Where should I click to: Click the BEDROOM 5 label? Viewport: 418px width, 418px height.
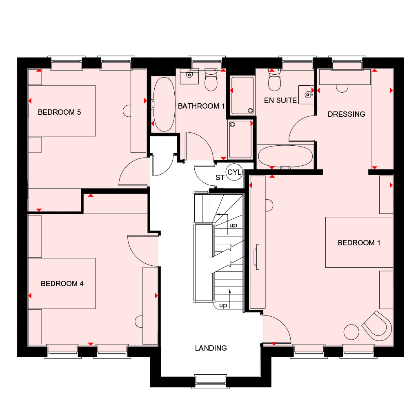(x=59, y=112)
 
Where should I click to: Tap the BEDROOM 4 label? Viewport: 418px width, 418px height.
(x=62, y=284)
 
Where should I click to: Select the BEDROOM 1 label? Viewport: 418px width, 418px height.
(x=359, y=243)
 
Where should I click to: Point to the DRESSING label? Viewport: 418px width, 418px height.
(x=346, y=114)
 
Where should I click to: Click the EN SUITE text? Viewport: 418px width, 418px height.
(x=280, y=100)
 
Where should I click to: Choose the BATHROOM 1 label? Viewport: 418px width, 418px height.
(x=201, y=106)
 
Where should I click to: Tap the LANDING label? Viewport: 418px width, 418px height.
(x=211, y=348)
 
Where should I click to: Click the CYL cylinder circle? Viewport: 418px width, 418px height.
(x=234, y=172)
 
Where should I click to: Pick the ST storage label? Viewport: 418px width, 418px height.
(x=220, y=178)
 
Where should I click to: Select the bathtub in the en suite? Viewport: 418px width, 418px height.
(x=285, y=156)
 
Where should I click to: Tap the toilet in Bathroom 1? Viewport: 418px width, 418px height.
(x=211, y=80)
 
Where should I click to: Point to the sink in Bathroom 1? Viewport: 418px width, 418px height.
(x=189, y=76)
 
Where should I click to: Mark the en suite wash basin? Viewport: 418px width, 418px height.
(x=306, y=95)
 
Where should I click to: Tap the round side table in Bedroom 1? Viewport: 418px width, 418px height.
(x=351, y=332)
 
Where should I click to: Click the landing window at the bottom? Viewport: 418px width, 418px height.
(x=211, y=381)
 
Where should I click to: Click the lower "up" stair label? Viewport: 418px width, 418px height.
(x=223, y=305)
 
